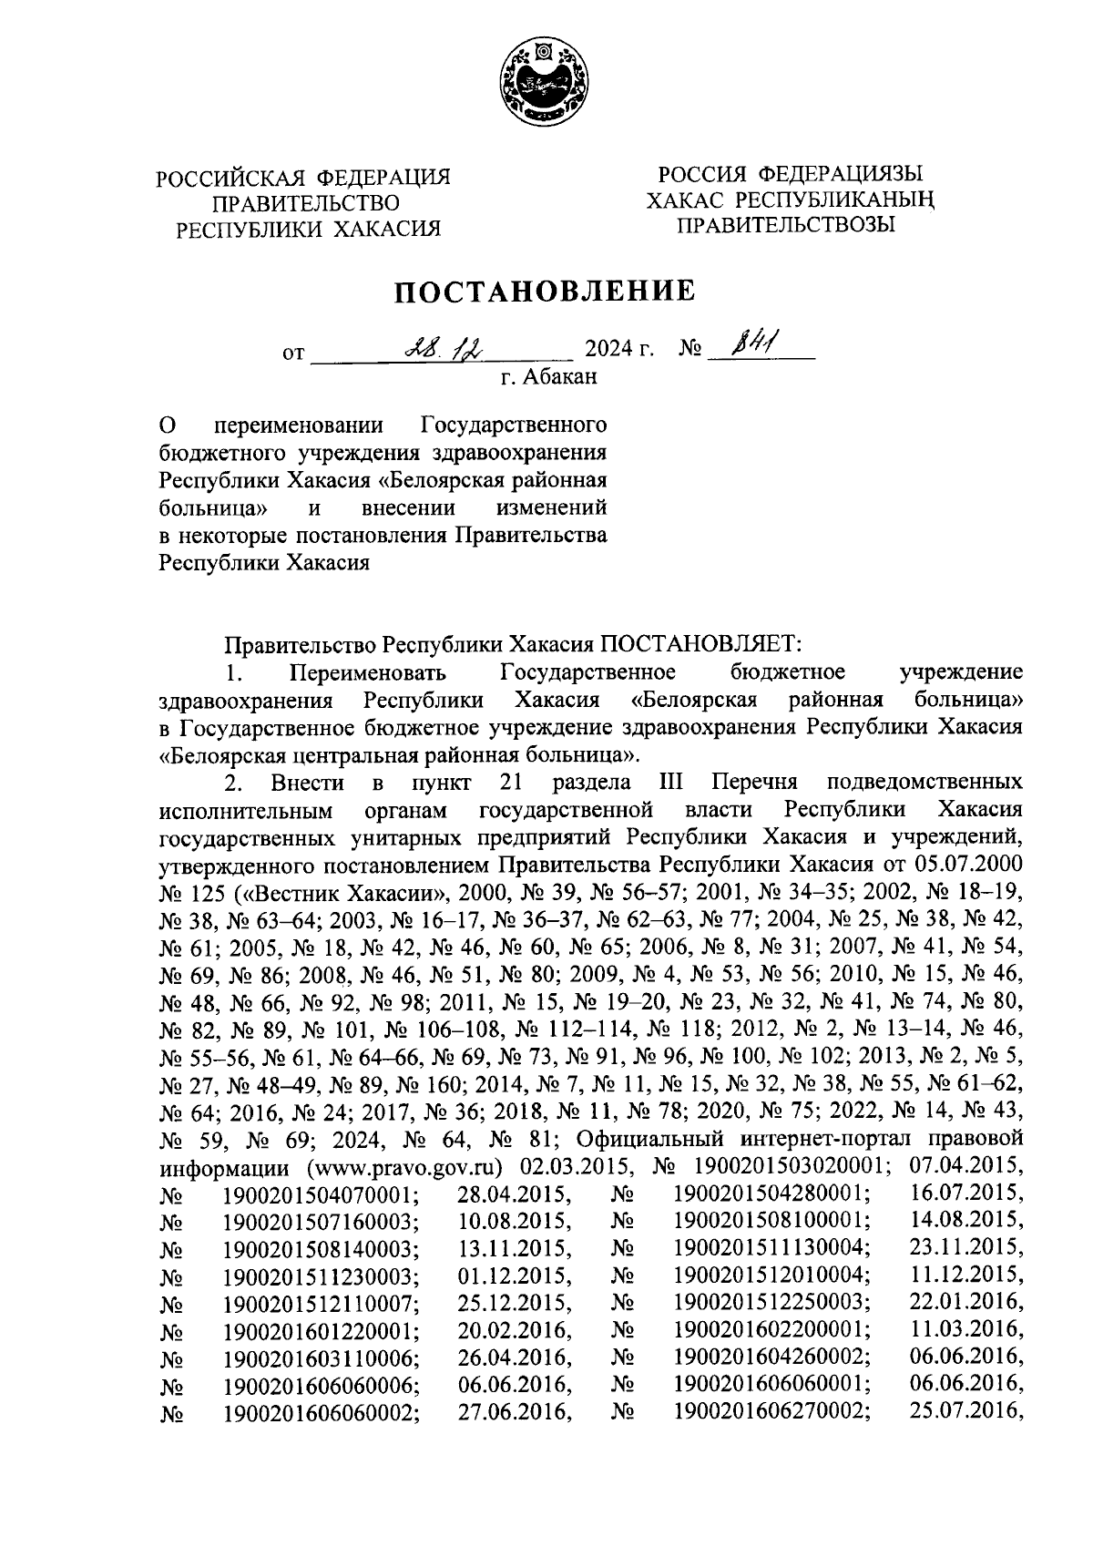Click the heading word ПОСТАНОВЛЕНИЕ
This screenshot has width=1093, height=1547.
click(545, 291)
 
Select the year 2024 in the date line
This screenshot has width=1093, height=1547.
click(608, 349)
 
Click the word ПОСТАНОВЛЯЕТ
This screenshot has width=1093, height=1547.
click(698, 644)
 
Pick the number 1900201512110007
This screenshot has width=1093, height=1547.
click(321, 1304)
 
